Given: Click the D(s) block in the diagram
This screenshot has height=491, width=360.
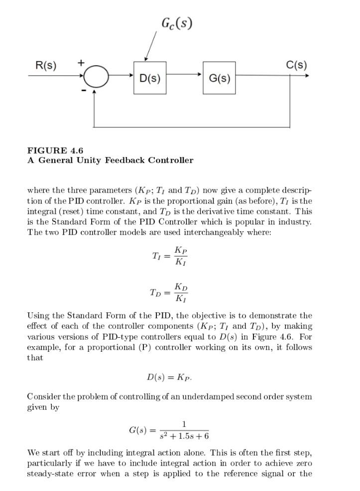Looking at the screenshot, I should [150, 78].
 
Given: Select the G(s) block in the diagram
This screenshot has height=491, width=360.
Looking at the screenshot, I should [219, 78].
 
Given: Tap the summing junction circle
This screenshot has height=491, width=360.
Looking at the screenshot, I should [96, 76].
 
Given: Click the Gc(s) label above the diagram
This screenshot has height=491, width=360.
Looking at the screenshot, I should [177, 23].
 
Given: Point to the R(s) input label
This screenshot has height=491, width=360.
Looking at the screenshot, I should [46, 65].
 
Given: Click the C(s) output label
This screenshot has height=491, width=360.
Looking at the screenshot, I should [296, 65].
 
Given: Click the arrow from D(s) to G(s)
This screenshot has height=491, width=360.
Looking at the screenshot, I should [184, 75].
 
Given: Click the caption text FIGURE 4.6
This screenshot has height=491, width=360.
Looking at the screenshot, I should [55, 150].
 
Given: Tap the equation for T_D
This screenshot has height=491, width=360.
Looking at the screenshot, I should [169, 293].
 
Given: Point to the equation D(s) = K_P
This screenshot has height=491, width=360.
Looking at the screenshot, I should [169, 377].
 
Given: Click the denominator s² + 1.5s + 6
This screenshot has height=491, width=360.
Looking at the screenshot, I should [184, 436].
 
